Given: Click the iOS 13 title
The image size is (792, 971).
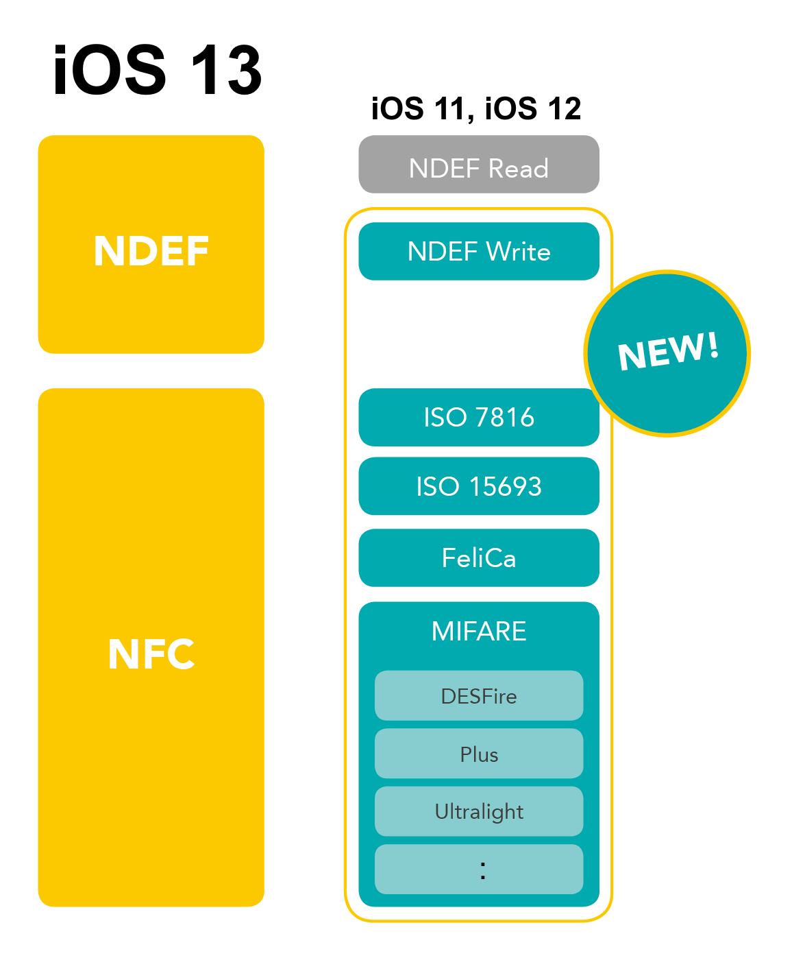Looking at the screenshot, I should (x=158, y=71).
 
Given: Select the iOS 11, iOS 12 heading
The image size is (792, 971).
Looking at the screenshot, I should (x=475, y=109).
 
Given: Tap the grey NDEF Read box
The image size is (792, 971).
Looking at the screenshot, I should (x=478, y=165).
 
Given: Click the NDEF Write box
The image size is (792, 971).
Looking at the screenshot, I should (x=478, y=251).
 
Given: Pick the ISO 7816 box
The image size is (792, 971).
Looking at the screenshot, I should (x=478, y=417).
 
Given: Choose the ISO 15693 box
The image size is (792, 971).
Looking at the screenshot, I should (x=478, y=486).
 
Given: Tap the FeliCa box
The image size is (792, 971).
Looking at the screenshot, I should (x=478, y=558).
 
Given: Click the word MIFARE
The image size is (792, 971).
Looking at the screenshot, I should (x=478, y=631).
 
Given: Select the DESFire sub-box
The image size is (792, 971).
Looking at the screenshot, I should (x=478, y=696).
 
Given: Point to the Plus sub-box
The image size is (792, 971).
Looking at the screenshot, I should (x=478, y=754).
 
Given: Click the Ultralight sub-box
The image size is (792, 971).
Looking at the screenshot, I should (x=478, y=812).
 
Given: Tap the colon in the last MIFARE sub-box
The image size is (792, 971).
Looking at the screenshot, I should (x=483, y=870).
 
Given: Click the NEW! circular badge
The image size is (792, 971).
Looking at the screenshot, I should (x=667, y=353).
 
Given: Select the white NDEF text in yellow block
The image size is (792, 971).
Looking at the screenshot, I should (x=151, y=251).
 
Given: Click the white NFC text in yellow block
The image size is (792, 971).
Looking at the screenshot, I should (x=151, y=654).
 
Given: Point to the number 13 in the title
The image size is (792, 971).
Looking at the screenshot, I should (x=226, y=71).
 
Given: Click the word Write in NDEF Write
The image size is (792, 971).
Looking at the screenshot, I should (x=518, y=252).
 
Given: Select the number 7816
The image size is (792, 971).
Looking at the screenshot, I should (x=504, y=417).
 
